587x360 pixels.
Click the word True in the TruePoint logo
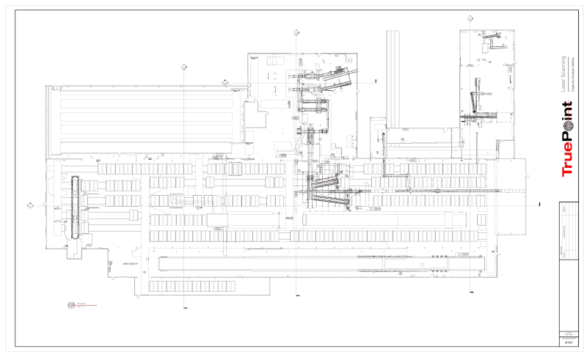[x=566, y=162]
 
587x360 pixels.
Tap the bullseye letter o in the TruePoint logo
[x=566, y=127]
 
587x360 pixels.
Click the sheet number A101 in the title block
[x=568, y=342]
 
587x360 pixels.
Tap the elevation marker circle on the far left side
[x=30, y=205]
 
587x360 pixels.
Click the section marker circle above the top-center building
[x=296, y=32]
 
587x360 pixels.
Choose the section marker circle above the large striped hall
[x=182, y=66]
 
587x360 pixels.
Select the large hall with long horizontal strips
[x=147, y=118]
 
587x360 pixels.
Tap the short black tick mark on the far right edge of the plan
[x=539, y=205]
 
